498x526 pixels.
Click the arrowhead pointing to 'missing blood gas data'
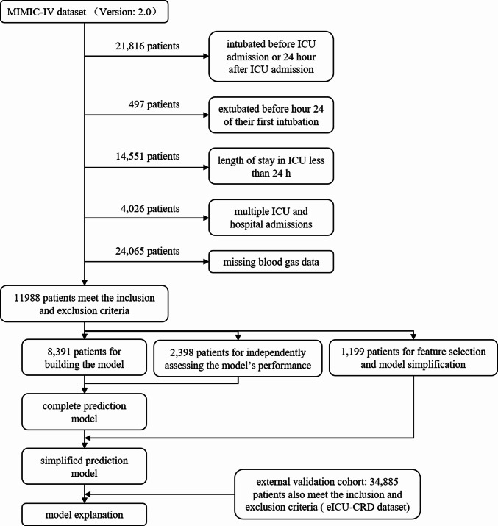(205, 260)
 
